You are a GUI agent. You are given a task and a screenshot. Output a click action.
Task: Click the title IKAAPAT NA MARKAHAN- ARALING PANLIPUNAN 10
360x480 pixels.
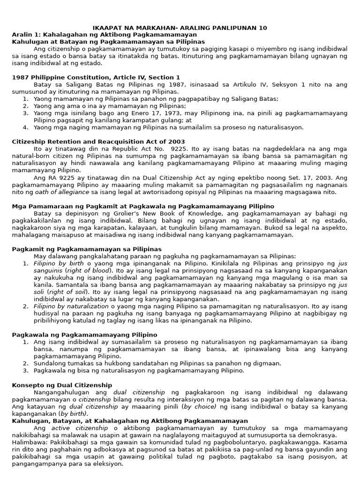click(x=180, y=28)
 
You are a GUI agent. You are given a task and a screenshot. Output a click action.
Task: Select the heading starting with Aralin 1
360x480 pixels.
click(x=104, y=35)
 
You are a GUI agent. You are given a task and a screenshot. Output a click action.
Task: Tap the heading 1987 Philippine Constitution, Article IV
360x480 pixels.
click(x=96, y=77)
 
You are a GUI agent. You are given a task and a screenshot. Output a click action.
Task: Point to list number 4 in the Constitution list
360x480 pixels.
click(x=26, y=127)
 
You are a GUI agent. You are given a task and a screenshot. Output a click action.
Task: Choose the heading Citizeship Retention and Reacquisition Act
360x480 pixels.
click(x=98, y=142)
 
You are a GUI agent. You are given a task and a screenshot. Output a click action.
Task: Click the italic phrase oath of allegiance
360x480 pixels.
click(x=62, y=192)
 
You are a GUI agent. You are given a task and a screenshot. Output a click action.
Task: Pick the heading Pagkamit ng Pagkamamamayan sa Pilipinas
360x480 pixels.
click(x=86, y=249)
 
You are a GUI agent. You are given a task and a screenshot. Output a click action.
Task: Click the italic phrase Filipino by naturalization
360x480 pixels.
click(x=71, y=306)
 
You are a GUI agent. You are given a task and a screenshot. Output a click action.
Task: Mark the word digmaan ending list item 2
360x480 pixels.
click(x=268, y=363)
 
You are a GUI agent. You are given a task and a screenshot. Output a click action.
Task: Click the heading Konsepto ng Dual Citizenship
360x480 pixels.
click(x=62, y=385)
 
